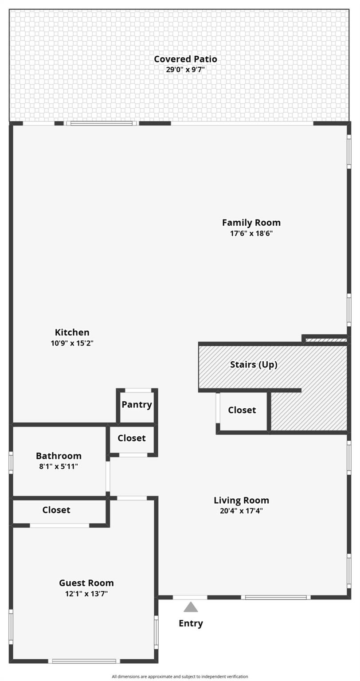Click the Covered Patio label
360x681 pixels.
185,59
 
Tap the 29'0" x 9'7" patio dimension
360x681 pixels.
185,70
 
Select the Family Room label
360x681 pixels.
251,223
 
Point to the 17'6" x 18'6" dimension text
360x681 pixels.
251,233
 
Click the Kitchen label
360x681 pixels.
72,332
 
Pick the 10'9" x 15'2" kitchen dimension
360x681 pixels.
72,343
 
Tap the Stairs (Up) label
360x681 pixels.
254,364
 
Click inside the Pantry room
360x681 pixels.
137,404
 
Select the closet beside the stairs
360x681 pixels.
242,410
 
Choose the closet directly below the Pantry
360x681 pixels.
131,438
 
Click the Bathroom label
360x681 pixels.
59,456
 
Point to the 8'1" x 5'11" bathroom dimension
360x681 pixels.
59,466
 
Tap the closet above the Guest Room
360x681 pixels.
56,510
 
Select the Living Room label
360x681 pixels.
241,501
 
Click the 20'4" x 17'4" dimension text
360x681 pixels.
241,511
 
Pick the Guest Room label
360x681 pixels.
86,583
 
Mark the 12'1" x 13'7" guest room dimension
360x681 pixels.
86,594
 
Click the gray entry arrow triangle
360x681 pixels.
191,607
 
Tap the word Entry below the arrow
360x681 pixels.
191,623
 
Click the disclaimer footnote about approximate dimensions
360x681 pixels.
180,677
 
